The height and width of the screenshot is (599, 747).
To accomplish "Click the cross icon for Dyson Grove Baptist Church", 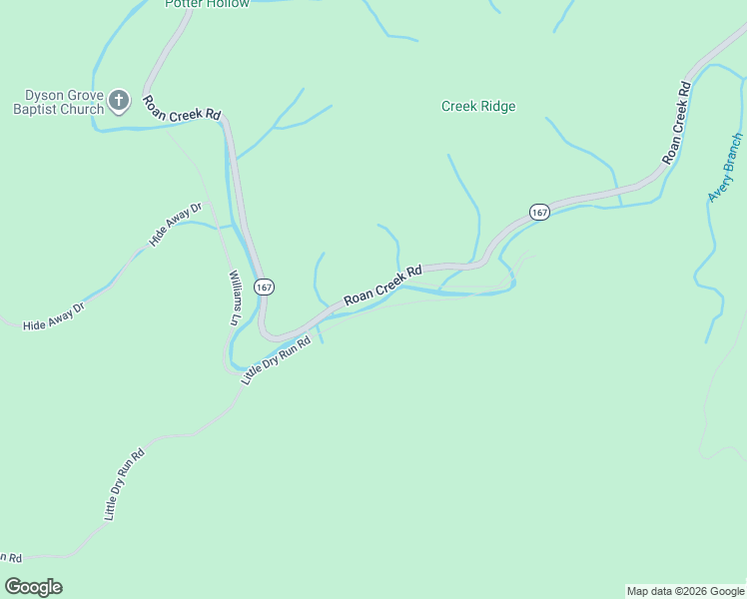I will click(x=118, y=99).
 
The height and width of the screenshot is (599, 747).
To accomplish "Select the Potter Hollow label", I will click(x=207, y=4).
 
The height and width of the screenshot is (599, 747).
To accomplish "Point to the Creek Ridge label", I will click(x=478, y=107).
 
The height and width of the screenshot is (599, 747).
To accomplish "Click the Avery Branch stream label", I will click(x=725, y=168).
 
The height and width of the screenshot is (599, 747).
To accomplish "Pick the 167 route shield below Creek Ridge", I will click(x=539, y=212).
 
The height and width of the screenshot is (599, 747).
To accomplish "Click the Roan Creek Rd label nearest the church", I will click(x=182, y=108).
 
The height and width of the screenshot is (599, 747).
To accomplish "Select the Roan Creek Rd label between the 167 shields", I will click(x=383, y=285).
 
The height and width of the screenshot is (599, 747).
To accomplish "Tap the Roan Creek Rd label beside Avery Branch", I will click(x=677, y=124).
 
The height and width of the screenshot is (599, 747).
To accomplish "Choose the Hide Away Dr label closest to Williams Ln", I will click(x=175, y=225).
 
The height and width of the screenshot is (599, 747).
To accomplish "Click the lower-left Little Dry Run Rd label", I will click(x=125, y=484).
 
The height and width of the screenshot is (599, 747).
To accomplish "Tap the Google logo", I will click(x=33, y=587).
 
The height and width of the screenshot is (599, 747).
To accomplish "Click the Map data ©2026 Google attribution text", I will click(x=685, y=591).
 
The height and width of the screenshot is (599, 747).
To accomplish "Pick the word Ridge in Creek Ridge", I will click(x=498, y=107).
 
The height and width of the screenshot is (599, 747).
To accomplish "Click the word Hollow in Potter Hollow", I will click(x=229, y=4).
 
